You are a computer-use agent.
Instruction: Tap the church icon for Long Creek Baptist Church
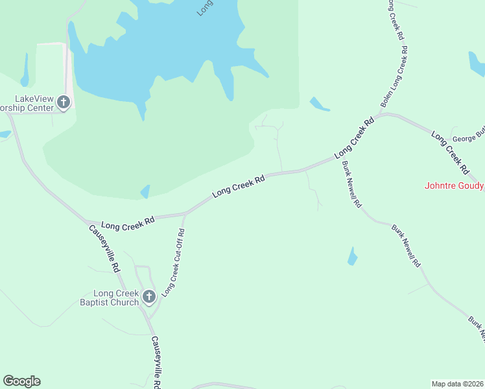click(x=148, y=297)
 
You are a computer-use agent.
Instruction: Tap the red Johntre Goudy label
click(x=454, y=185)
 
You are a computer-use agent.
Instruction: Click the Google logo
click(x=21, y=381)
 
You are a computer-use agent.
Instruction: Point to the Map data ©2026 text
click(x=458, y=384)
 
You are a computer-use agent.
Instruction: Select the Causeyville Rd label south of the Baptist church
click(x=156, y=362)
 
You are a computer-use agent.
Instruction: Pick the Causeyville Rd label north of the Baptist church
click(x=104, y=248)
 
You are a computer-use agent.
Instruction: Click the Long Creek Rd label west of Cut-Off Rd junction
click(x=127, y=224)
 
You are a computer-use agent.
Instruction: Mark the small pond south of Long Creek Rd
click(x=353, y=256)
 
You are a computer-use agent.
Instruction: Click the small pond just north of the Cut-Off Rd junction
click(x=145, y=191)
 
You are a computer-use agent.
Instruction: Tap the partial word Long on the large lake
click(x=205, y=8)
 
